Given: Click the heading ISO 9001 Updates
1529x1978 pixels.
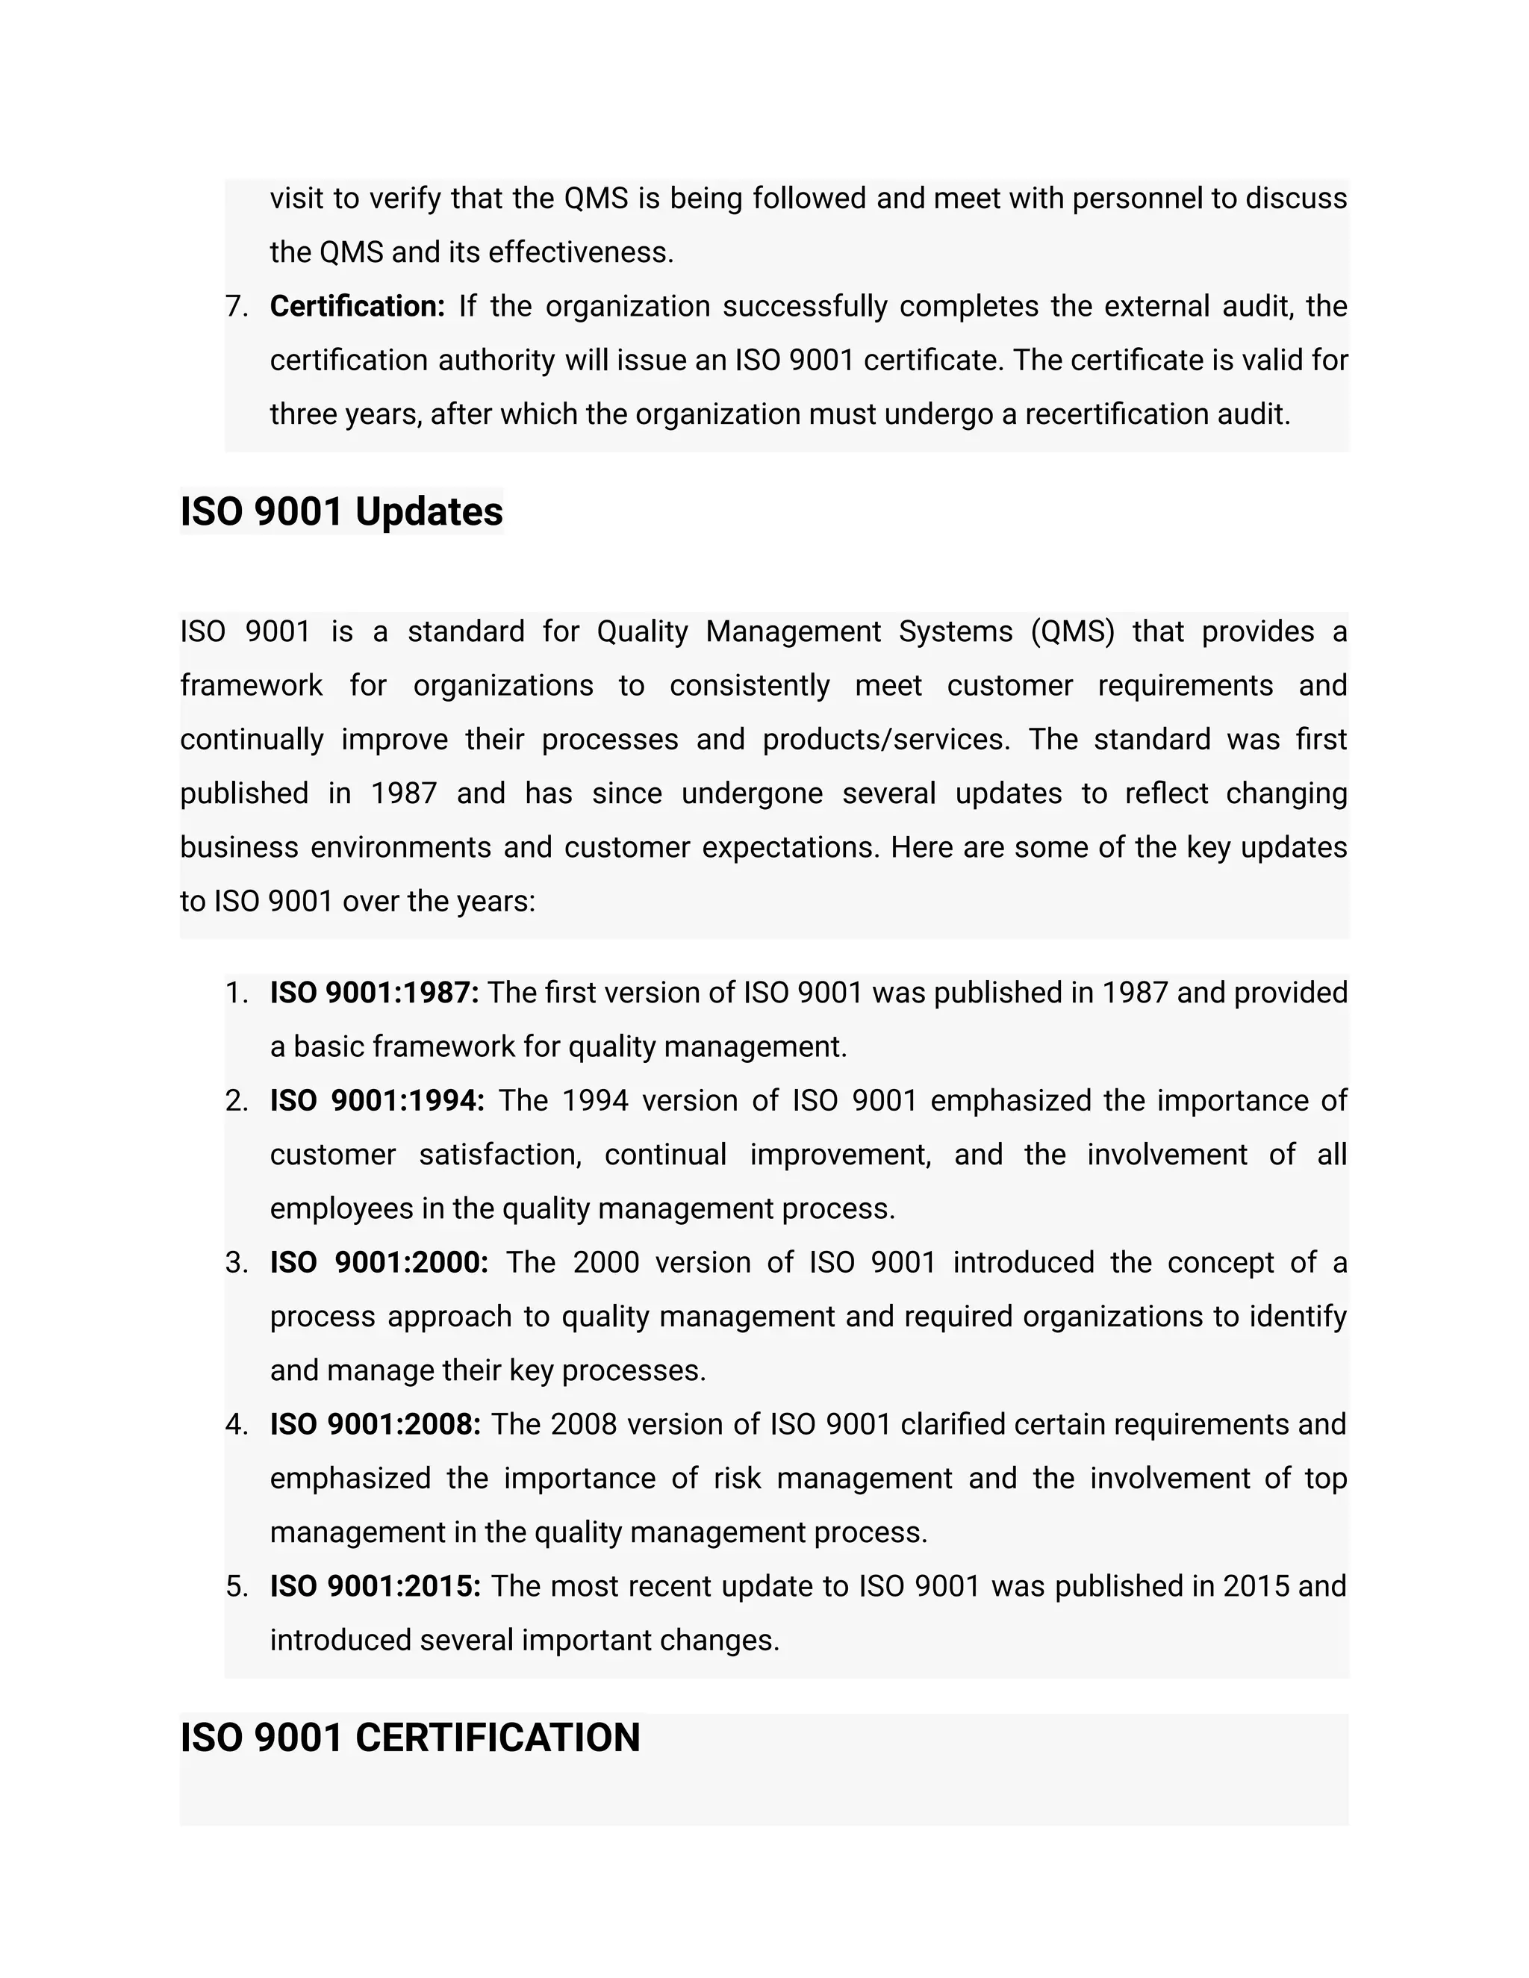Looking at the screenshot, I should [x=340, y=512].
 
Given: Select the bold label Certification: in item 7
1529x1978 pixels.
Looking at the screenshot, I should [x=357, y=307].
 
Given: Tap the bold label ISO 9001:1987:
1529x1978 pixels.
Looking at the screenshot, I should [x=374, y=993].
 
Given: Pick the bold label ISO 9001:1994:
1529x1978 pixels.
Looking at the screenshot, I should [x=377, y=1101].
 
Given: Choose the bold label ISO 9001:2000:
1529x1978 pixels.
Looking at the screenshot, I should [x=379, y=1262].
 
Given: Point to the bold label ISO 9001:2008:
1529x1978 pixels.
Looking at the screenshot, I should [x=375, y=1425].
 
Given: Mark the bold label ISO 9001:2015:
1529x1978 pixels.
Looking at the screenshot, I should [x=375, y=1587].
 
